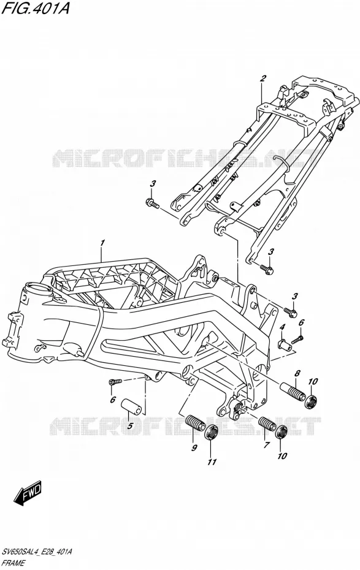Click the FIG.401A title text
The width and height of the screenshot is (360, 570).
(x=35, y=8)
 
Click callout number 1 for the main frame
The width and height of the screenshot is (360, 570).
(x=103, y=243)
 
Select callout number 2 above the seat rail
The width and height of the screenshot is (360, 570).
(x=262, y=78)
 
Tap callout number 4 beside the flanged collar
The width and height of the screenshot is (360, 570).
(x=282, y=329)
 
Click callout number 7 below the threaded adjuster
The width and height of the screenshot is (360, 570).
(x=267, y=444)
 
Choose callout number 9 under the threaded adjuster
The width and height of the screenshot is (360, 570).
(x=194, y=447)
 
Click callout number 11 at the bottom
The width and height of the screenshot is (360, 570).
(x=212, y=462)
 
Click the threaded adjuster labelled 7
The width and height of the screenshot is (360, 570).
(x=267, y=424)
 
